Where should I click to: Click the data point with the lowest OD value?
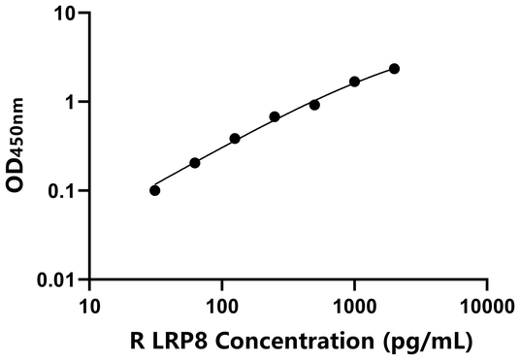coord(155,190)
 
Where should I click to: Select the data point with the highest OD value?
coord(394,69)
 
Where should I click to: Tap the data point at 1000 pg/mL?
coord(355,82)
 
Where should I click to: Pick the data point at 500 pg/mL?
coord(314,105)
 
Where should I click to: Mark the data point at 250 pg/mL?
coord(275,116)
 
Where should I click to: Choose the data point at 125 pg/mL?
coord(235,139)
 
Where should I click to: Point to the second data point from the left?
coord(195,163)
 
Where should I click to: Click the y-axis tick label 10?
coord(63,14)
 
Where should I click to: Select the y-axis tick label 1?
coord(69,102)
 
